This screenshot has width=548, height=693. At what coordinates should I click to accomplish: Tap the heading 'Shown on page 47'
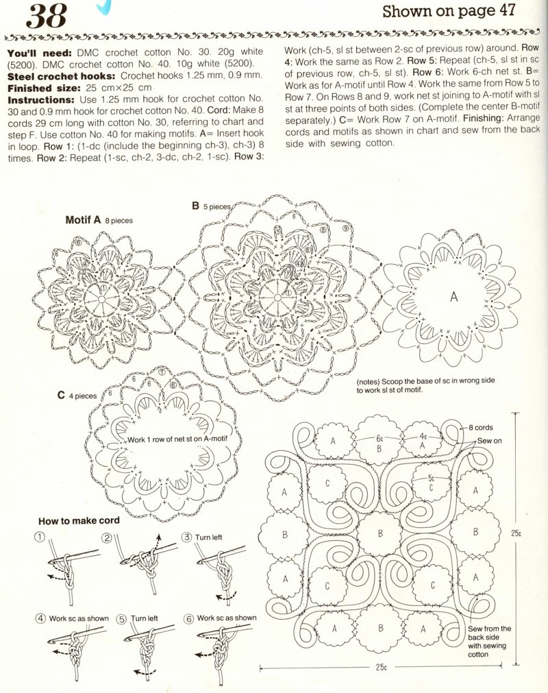pyautogui.click(x=458, y=11)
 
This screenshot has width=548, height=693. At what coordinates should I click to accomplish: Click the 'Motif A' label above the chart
pyautogui.click(x=83, y=220)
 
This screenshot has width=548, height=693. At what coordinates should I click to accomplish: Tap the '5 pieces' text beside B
pyautogui.click(x=217, y=206)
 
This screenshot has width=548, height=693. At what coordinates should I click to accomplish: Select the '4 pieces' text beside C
pyautogui.click(x=83, y=396)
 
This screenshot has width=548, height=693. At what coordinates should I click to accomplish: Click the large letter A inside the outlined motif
pyautogui.click(x=453, y=296)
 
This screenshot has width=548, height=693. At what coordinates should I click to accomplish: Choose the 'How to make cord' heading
pyautogui.click(x=79, y=520)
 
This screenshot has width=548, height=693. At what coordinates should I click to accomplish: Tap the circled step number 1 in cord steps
pyautogui.click(x=40, y=537)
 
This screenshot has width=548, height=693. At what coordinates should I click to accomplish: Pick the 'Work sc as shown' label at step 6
pyautogui.click(x=226, y=618)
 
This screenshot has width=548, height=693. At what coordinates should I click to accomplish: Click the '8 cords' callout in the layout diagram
pyautogui.click(x=484, y=427)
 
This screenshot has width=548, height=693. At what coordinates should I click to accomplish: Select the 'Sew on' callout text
pyautogui.click(x=489, y=441)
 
